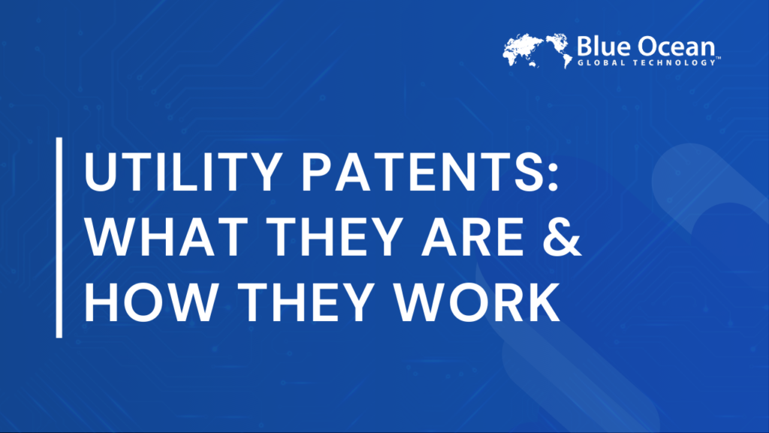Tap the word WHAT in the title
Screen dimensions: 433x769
pyautogui.click(x=155, y=237)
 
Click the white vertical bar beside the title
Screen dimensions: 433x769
pyautogui.click(x=59, y=237)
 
